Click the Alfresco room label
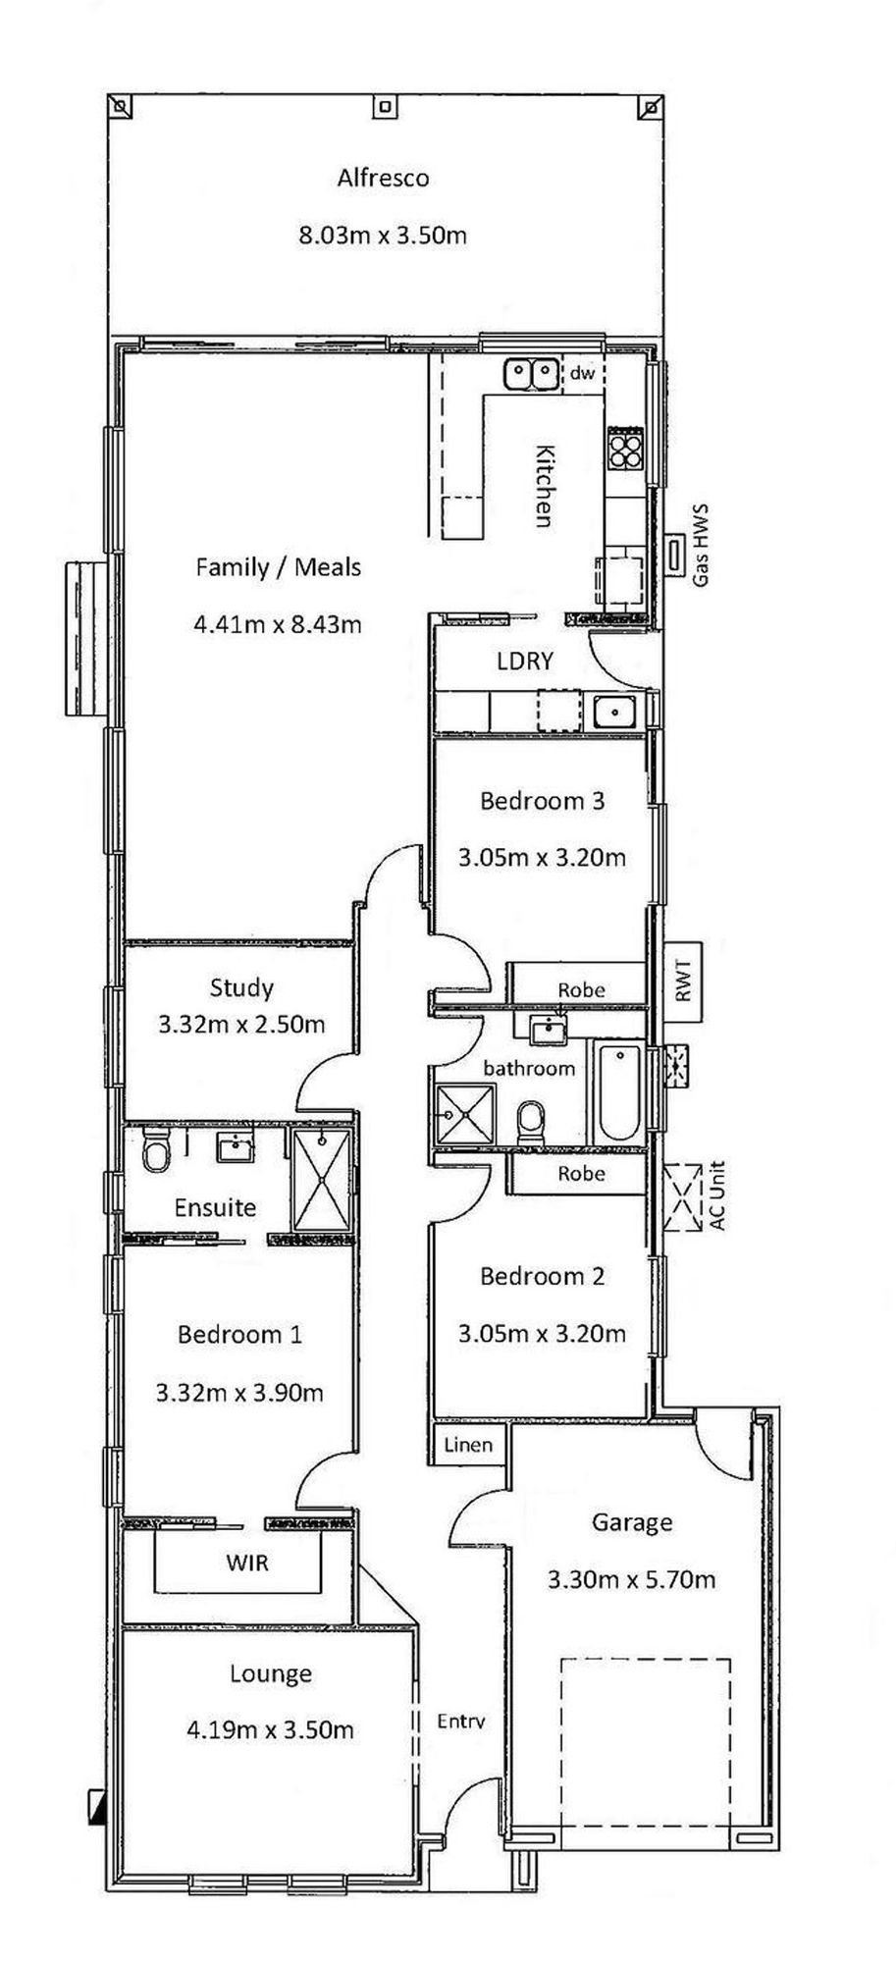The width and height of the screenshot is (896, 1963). coord(383,178)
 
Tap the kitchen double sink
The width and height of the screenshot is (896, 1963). coord(531,374)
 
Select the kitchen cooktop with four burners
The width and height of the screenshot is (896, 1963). coord(624,449)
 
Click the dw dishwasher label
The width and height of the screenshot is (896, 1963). coord(582,373)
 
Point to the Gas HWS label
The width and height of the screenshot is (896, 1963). coord(701,546)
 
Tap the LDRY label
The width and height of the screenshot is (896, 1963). coord(525,661)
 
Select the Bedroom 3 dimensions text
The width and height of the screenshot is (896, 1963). coord(542,857)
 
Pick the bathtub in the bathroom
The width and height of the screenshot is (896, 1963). coord(619,1093)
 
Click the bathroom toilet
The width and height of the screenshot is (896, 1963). coord(531,1120)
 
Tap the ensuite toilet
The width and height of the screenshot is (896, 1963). coord(156,1149)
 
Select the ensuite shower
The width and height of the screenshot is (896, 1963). coord(321,1179)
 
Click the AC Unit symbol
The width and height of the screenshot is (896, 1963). coord(683,1197)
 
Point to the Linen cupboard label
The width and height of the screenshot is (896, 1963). coord(468,1444)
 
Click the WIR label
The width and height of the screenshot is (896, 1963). coord(247,1562)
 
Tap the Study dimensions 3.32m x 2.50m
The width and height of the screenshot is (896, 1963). coord(241,1025)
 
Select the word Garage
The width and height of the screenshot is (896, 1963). coord(631,1522)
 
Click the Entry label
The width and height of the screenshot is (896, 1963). coord(461,1721)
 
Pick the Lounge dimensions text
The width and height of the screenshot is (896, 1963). coord(270,1729)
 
